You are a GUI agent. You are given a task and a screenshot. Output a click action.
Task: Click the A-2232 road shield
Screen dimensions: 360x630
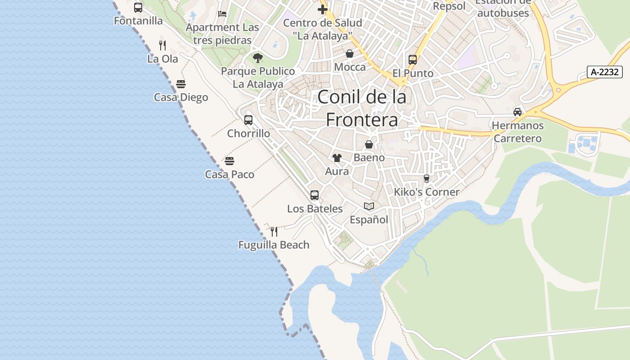click(604, 72)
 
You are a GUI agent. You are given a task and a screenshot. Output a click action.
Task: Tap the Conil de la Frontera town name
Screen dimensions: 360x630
click(362, 108)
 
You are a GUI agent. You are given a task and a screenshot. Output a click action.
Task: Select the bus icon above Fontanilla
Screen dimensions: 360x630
click(138, 8)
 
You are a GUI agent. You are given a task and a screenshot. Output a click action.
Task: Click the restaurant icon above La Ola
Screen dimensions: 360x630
click(162, 45)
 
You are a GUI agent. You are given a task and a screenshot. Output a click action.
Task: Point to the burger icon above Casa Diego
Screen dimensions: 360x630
click(181, 84)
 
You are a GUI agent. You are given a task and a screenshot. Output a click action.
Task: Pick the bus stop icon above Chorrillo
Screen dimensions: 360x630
click(248, 120)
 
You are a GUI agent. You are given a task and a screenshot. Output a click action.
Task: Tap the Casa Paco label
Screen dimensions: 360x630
click(229, 175)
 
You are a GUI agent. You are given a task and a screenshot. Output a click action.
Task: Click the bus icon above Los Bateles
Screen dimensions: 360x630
click(315, 195)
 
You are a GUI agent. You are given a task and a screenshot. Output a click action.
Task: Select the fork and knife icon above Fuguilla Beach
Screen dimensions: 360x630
click(274, 232)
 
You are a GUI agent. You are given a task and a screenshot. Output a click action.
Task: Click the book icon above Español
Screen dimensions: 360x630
click(369, 206)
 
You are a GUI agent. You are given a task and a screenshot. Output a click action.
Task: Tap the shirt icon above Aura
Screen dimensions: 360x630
click(337, 158)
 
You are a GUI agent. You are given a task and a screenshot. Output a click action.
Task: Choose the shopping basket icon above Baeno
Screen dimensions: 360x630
click(369, 144)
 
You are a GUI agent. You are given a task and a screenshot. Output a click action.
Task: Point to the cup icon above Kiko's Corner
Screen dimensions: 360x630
click(427, 179)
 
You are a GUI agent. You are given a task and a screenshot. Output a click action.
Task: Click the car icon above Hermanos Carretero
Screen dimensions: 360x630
click(517, 112)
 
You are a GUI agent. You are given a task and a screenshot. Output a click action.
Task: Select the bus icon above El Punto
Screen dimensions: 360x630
click(413, 60)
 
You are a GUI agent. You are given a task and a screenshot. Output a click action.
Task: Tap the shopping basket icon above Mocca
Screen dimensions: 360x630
click(350, 54)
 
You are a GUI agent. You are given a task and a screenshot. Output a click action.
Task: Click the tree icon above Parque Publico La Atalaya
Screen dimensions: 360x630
click(258, 58)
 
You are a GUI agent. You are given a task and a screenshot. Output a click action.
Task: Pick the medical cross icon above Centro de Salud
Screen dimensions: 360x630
click(322, 9)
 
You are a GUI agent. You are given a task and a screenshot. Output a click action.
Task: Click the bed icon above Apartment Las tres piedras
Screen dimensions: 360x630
click(222, 14)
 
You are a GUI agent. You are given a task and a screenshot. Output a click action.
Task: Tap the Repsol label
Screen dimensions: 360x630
click(449, 6)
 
